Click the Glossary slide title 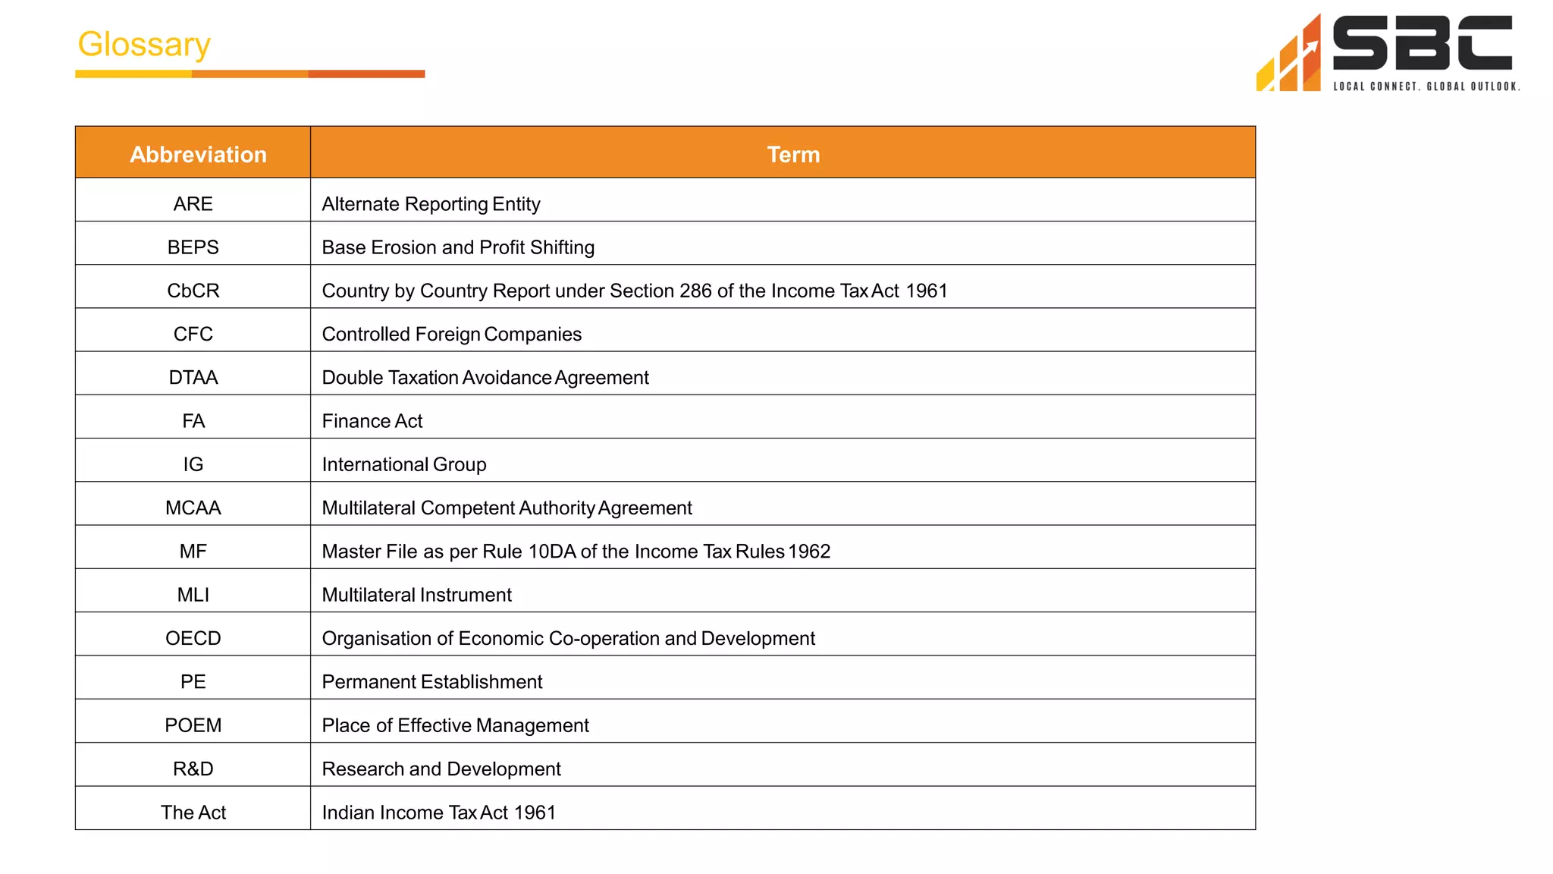144,44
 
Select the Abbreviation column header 198,154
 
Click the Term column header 793,154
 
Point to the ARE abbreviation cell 193,204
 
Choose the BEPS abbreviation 193,247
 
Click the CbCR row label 193,291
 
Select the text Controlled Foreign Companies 451,335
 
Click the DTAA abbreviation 193,378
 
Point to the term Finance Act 372,421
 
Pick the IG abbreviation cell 193,464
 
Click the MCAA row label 193,508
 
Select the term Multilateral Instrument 416,595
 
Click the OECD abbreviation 193,638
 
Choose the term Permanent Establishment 431,682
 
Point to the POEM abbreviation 193,725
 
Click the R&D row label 193,769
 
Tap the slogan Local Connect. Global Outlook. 1426,86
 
